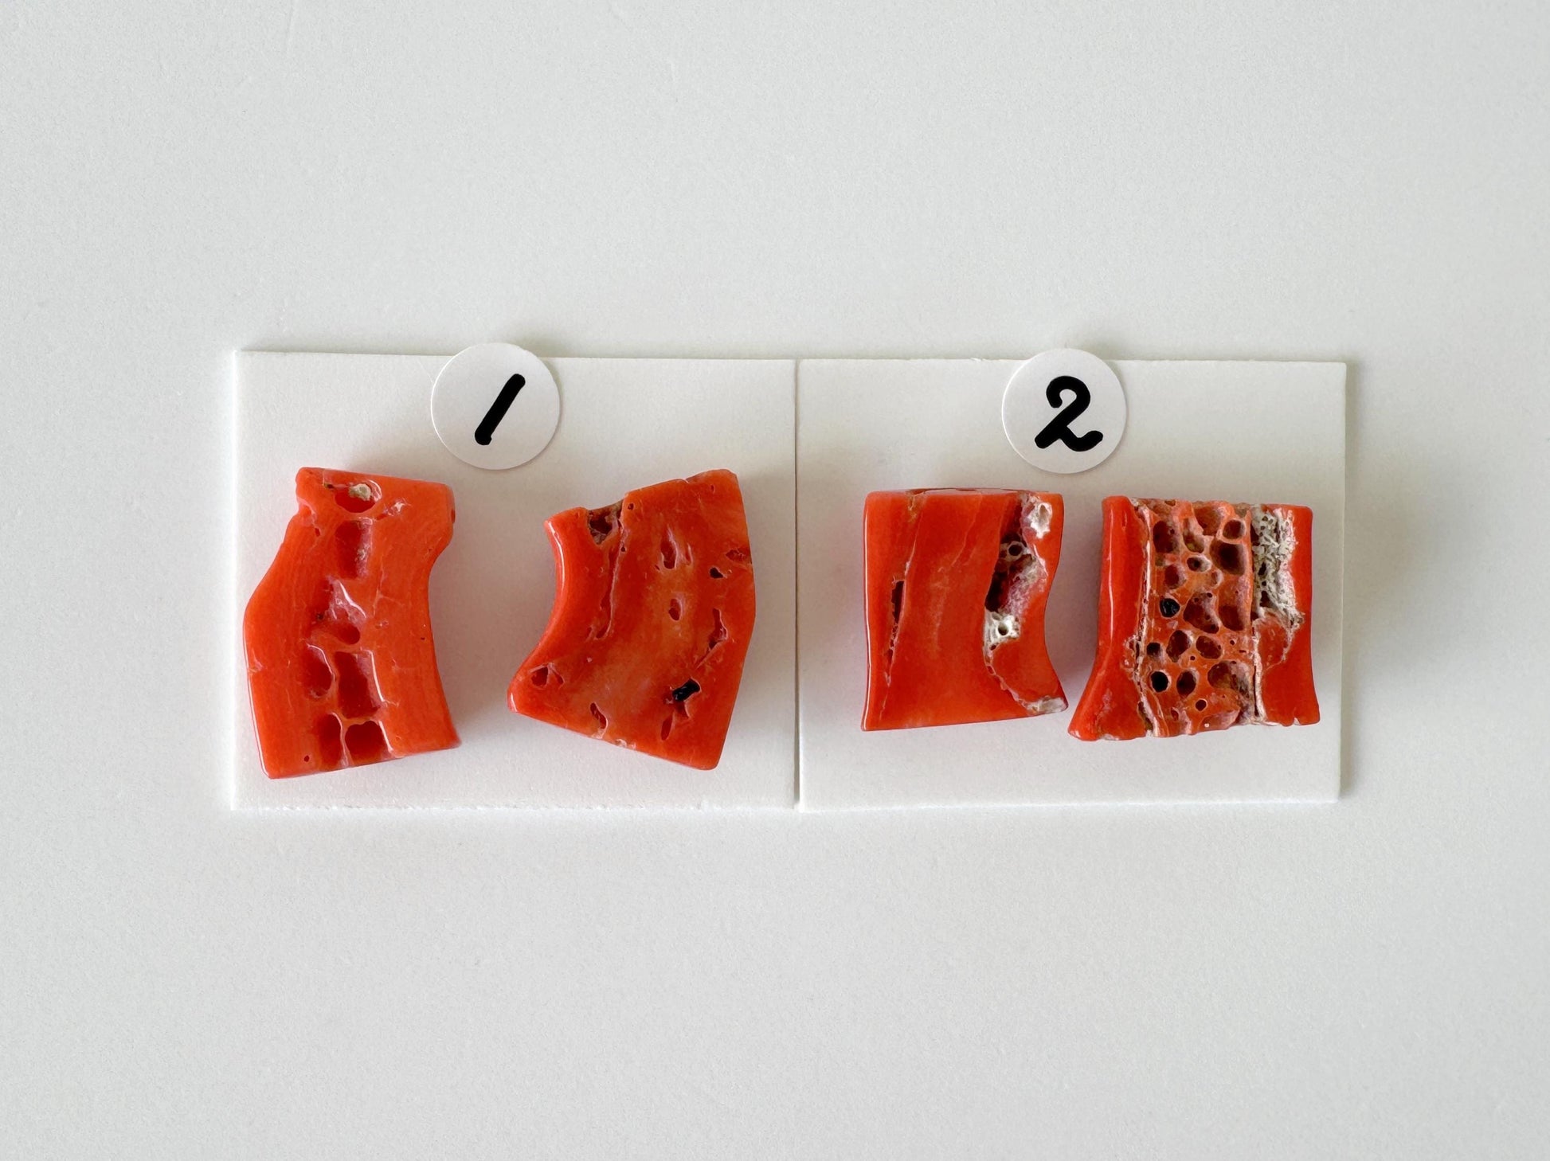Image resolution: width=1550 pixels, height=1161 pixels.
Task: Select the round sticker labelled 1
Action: click(x=495, y=405)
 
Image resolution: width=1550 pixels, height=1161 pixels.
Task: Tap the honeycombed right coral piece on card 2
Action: click(x=1195, y=617)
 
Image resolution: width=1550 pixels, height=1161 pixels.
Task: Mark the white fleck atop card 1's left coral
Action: click(x=360, y=492)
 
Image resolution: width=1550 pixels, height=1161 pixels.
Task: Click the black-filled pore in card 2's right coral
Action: click(x=1168, y=607)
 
